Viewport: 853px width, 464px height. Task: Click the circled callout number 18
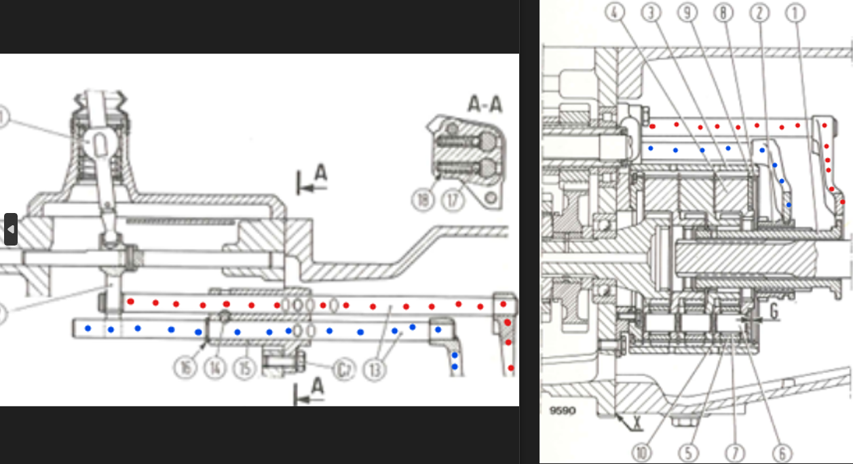click(423, 200)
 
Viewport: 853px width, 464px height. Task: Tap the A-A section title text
click(485, 104)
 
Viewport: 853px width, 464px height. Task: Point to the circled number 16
click(185, 368)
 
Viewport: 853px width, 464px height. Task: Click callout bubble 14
click(215, 368)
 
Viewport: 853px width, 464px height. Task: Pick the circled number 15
click(244, 368)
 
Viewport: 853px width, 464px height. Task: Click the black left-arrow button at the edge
click(10, 229)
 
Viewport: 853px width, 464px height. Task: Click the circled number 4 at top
click(616, 13)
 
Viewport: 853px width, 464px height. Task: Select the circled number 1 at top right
click(796, 13)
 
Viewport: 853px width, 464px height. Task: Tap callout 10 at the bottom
click(641, 452)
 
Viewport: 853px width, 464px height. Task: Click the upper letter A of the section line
click(320, 174)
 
